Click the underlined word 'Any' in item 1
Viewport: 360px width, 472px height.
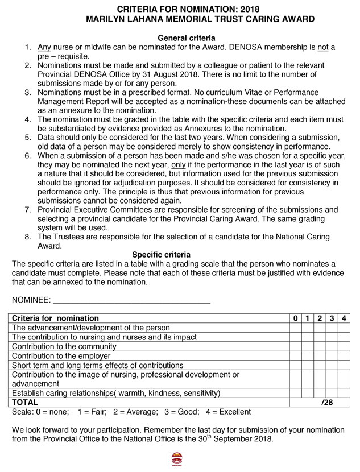pos(44,47)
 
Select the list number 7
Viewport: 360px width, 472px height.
pos(27,210)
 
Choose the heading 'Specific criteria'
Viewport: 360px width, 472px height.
pos(161,255)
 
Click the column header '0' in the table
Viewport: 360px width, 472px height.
pos(296,318)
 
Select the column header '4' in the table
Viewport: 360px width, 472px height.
pos(345,318)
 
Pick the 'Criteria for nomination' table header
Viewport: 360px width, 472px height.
pos(55,318)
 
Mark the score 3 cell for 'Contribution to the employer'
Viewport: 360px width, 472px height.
pos(332,356)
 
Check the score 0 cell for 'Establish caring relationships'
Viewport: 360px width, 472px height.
pos(296,393)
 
